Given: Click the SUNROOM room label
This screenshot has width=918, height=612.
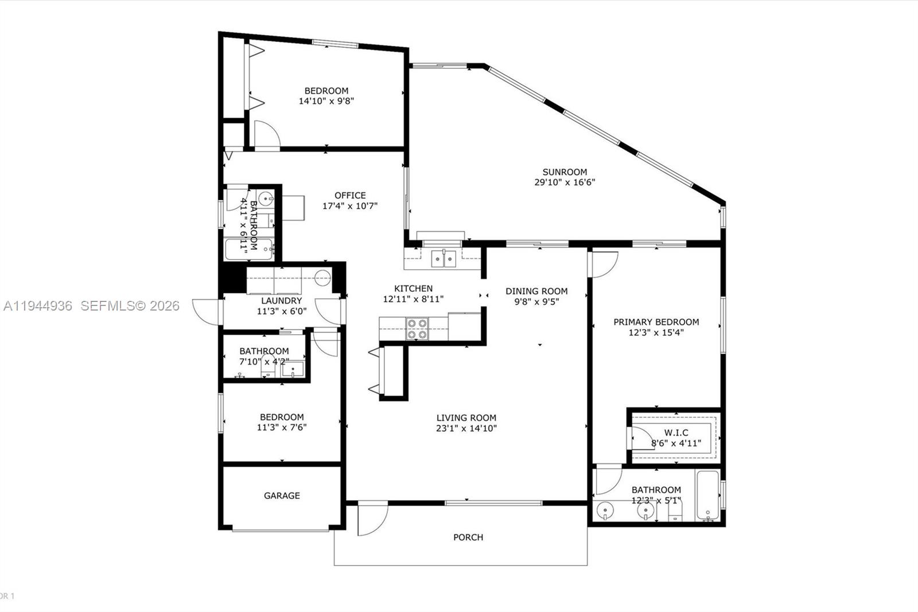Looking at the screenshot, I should click(x=565, y=172).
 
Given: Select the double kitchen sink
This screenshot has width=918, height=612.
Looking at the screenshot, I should click(x=444, y=258).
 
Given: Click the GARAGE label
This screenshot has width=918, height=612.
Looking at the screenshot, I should click(x=282, y=495).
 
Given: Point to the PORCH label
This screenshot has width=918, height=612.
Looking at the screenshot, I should click(x=468, y=537).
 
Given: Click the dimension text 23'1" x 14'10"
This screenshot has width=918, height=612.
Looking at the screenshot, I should click(x=466, y=428).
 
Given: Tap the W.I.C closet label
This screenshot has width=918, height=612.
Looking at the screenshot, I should click(x=676, y=433).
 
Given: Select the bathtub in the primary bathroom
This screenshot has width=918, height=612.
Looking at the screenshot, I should click(x=707, y=495).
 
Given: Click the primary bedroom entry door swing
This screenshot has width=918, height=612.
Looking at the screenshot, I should click(x=604, y=264).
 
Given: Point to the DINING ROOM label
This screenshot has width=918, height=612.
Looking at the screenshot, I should click(x=536, y=291).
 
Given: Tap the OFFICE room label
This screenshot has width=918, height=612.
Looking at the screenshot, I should click(x=350, y=195).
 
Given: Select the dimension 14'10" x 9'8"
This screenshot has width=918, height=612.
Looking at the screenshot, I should click(x=326, y=101).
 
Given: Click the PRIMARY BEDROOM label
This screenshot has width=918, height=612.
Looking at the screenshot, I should click(x=656, y=322).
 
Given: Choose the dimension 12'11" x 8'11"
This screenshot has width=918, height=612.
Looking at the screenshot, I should click(x=413, y=299).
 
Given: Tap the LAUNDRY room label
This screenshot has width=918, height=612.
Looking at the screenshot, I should click(x=281, y=301).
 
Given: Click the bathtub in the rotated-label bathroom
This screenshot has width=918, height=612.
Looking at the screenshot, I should click(x=248, y=249).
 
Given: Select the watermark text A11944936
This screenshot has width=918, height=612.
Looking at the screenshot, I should click(x=38, y=306).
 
